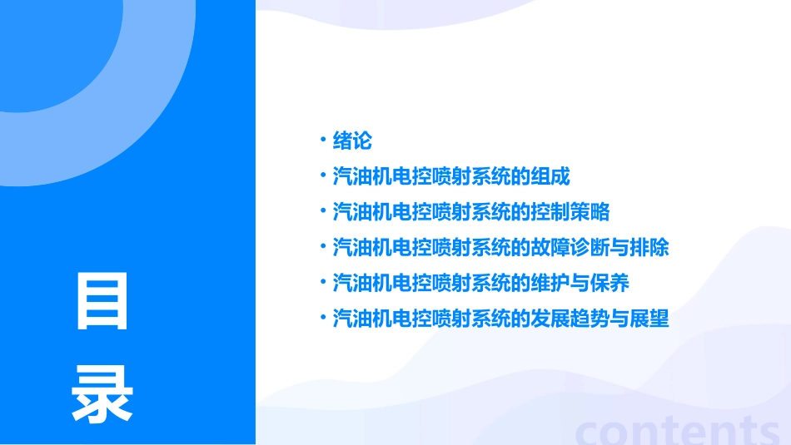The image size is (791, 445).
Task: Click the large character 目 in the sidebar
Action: tap(102, 301)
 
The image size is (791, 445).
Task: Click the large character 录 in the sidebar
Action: tap(102, 393)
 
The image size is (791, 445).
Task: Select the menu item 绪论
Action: tap(351, 141)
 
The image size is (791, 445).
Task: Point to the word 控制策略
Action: tap(571, 212)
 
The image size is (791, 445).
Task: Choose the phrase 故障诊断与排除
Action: tap(600, 248)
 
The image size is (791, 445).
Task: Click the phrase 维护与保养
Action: tap(580, 283)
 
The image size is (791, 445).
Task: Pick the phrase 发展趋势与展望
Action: tap(600, 319)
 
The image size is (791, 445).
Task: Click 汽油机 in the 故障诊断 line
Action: tap(361, 248)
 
